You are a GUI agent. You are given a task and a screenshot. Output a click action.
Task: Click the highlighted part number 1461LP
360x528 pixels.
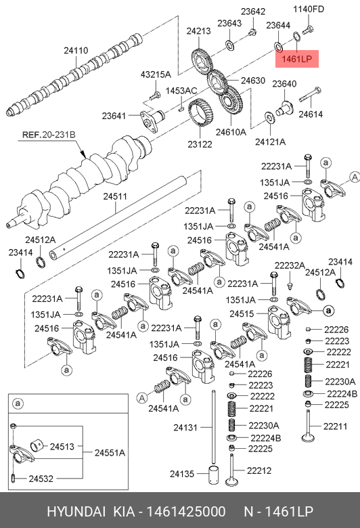(x=296, y=59)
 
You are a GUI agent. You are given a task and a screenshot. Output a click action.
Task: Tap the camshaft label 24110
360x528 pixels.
(x=76, y=51)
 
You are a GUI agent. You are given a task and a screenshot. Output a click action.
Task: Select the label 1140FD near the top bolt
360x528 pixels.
(x=309, y=9)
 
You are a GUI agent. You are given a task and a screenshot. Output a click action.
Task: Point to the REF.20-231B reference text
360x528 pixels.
(x=49, y=135)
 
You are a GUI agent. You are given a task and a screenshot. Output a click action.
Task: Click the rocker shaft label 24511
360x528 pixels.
(x=115, y=196)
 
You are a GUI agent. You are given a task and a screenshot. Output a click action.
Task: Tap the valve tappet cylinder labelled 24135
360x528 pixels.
(x=214, y=475)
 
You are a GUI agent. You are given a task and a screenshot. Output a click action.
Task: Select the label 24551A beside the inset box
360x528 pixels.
(x=110, y=453)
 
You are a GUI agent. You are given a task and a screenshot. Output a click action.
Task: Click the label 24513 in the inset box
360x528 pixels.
(x=62, y=447)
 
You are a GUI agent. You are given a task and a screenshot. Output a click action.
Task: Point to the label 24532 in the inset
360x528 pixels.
(x=41, y=479)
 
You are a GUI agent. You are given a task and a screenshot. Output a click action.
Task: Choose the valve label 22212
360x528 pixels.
(x=259, y=470)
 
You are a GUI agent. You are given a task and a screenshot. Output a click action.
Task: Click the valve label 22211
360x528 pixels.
(x=335, y=426)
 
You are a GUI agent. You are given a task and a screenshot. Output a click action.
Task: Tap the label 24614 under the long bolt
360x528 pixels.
(x=311, y=114)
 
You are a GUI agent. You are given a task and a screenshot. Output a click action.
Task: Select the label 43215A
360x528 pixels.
(x=156, y=74)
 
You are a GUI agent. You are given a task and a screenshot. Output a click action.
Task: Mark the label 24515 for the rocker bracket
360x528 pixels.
(x=242, y=314)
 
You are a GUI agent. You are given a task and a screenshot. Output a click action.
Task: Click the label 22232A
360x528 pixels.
(x=290, y=265)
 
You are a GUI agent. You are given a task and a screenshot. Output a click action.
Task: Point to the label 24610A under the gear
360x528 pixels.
(x=231, y=132)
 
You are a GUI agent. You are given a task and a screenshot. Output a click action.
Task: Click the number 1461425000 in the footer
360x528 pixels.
(x=186, y=512)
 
